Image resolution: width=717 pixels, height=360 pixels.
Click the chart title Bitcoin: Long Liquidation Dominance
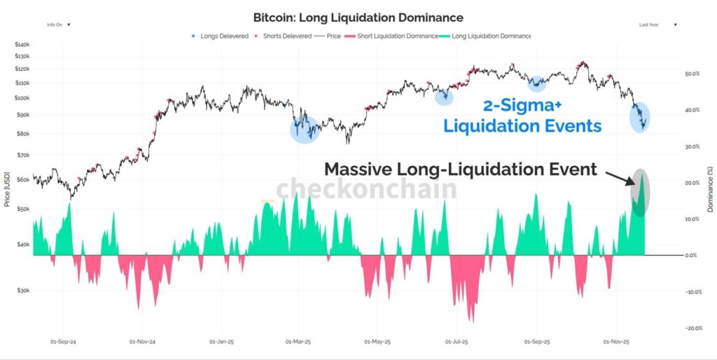click(358, 17)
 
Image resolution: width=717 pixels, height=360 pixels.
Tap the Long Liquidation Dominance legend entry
click(491, 36)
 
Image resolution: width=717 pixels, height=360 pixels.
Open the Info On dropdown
click(59, 25)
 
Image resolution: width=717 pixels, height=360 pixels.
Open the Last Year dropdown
click(658, 25)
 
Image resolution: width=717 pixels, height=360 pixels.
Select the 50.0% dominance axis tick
click(692, 74)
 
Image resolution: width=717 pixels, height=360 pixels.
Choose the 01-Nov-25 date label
click(617, 342)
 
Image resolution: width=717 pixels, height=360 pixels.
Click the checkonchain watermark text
click(366, 189)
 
